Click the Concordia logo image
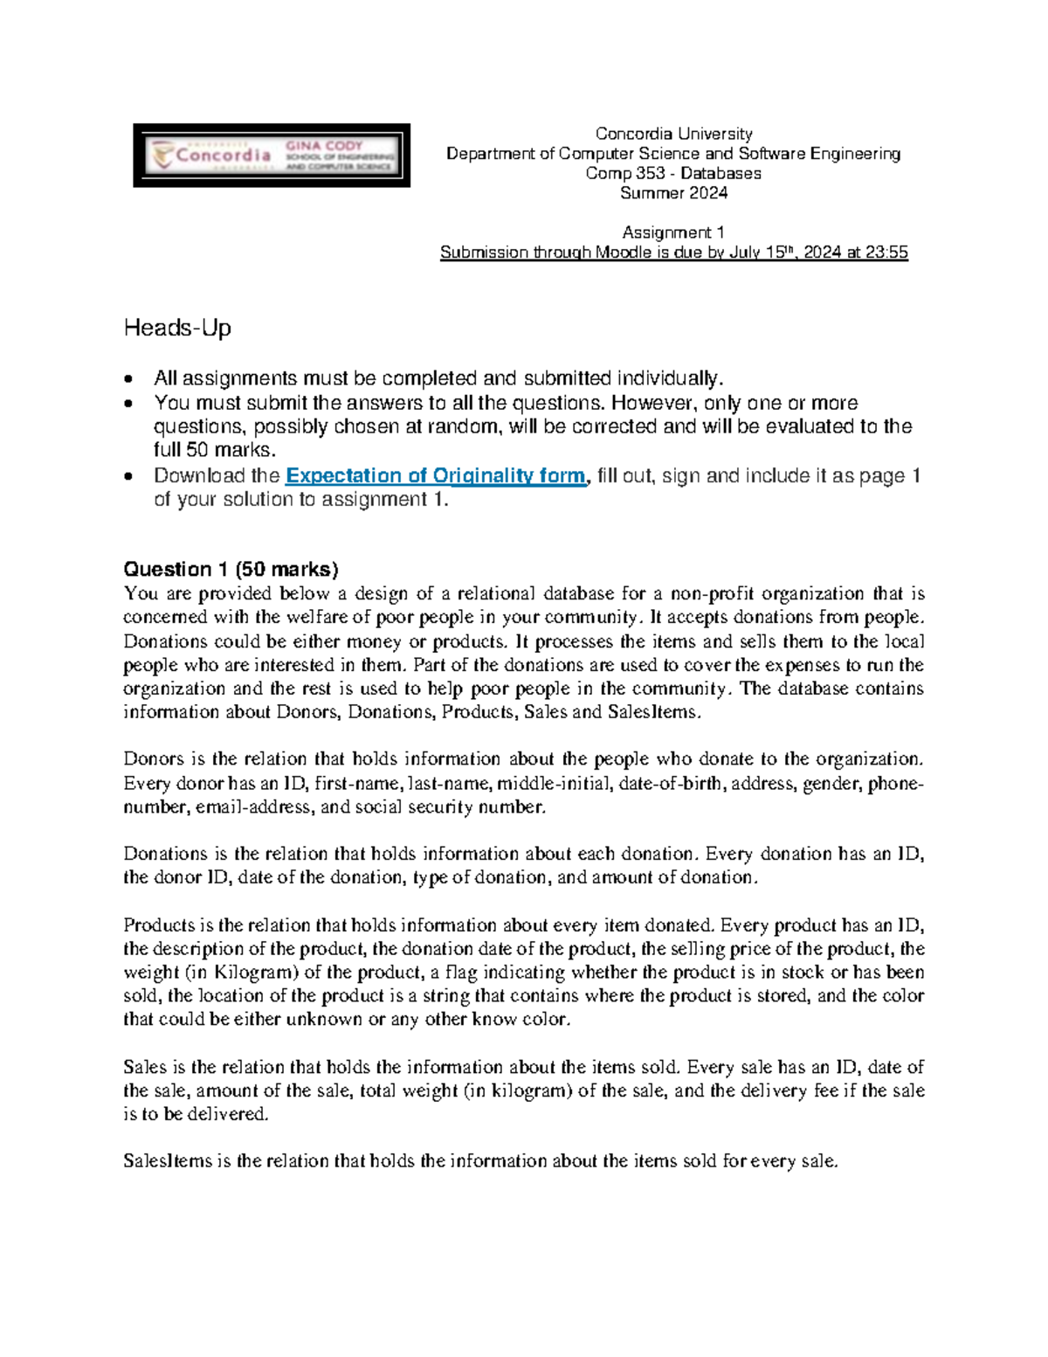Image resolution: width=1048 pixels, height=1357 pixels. (x=272, y=156)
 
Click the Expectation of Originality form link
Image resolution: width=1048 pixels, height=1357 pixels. (x=435, y=476)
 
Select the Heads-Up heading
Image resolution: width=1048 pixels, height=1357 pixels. (x=177, y=329)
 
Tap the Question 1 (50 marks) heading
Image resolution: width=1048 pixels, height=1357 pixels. (x=231, y=570)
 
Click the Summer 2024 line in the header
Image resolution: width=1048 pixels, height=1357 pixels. (x=673, y=193)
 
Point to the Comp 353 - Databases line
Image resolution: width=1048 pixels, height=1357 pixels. (x=673, y=173)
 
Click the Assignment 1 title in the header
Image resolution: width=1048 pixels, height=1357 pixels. (x=673, y=232)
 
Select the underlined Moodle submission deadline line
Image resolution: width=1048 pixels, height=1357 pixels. (x=673, y=253)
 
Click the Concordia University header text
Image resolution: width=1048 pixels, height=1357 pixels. (x=673, y=134)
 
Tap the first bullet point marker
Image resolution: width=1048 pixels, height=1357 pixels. (x=130, y=380)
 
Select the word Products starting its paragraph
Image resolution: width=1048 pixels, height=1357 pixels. (x=158, y=925)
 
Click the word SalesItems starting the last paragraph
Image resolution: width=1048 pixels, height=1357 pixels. (x=167, y=1161)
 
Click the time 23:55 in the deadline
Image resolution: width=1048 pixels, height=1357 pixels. (x=886, y=253)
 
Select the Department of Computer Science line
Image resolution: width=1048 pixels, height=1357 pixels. (x=673, y=154)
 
